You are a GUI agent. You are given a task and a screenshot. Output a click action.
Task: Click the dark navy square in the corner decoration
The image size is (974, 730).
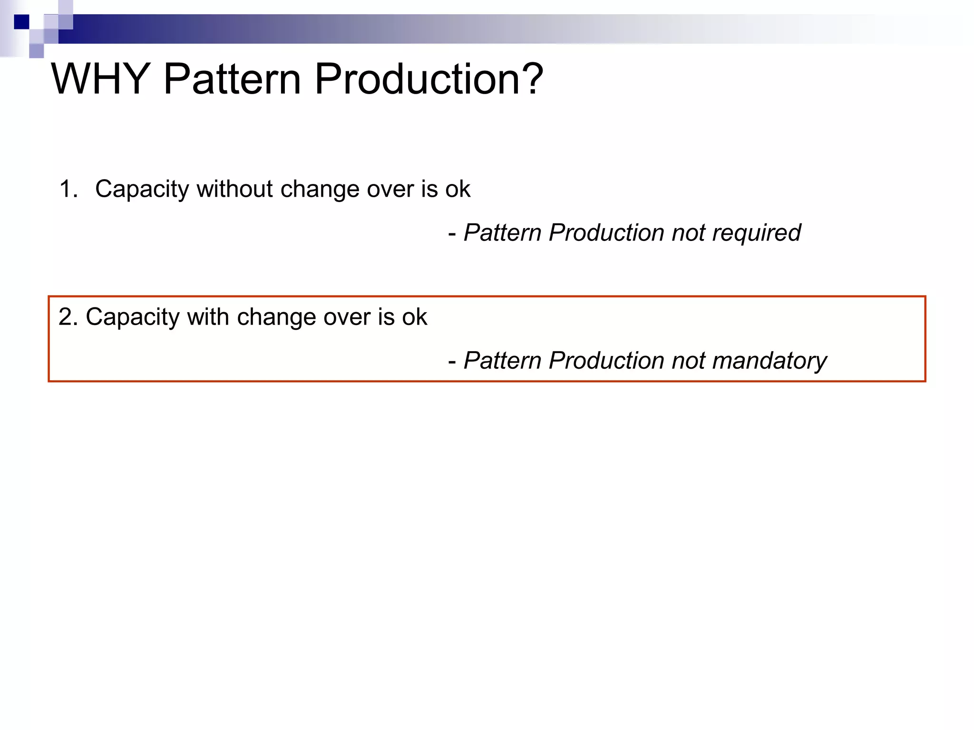tap(21, 22)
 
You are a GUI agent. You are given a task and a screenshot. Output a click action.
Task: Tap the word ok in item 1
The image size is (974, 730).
tap(458, 189)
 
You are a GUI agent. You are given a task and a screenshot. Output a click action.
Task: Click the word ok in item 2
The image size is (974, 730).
tap(414, 317)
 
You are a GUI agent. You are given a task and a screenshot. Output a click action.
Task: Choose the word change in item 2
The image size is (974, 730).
tap(276, 317)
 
